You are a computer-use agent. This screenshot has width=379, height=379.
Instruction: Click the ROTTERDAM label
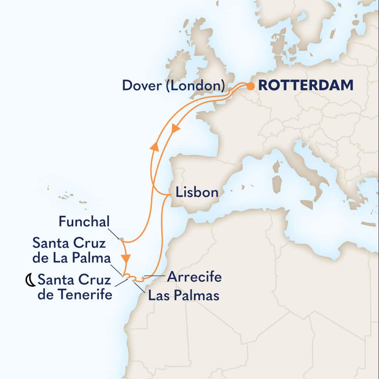[305, 85]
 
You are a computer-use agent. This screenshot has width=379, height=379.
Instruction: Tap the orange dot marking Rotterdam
[251, 87]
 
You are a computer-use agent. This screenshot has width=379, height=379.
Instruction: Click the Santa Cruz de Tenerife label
[75, 288]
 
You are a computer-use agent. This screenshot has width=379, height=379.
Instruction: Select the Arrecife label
[194, 276]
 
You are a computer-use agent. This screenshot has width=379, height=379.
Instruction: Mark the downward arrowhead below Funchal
[126, 257]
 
